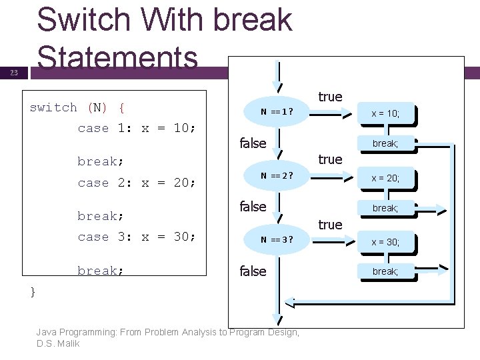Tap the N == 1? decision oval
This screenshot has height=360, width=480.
coord(276,111)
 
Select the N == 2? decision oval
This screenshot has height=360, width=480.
coord(276,176)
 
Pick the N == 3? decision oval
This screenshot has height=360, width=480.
coord(276,240)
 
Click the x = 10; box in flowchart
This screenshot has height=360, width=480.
coord(385,114)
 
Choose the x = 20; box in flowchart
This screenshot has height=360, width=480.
coord(385,178)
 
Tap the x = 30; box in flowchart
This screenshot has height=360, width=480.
coord(385,242)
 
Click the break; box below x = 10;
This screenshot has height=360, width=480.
coord(385,143)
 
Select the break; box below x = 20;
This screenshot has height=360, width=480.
coord(385,208)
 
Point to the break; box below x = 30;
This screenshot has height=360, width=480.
coord(385,271)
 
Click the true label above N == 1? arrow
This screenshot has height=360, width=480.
coord(330,97)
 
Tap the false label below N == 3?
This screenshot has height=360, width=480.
coord(253,271)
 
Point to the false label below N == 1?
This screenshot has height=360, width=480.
coord(253,143)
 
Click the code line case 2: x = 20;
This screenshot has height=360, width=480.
coord(137,183)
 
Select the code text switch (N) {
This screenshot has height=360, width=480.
coord(79,107)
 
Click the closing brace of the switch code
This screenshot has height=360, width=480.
coord(33,291)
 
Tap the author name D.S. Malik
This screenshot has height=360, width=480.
coord(59,344)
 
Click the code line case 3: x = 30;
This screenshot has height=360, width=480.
coord(137,237)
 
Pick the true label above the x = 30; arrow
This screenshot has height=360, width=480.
coord(330,225)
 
